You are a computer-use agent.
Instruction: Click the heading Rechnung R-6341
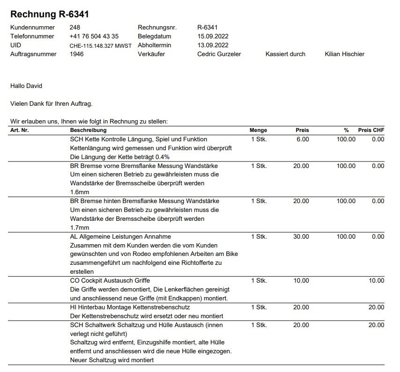(x=50, y=15)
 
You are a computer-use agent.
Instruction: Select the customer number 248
(x=74, y=28)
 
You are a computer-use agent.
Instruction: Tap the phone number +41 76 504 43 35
(x=94, y=36)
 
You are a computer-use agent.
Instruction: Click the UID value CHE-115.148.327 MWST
(x=100, y=46)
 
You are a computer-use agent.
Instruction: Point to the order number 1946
(x=77, y=54)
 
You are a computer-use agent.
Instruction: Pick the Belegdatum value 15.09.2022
(x=213, y=36)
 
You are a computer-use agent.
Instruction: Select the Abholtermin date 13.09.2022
(x=213, y=45)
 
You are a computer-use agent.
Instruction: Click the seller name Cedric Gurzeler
(x=219, y=54)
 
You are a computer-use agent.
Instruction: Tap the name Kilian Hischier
(x=344, y=54)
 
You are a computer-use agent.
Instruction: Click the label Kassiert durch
(x=285, y=54)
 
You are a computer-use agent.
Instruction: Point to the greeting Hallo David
(x=26, y=86)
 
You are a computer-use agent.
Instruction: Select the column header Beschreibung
(x=88, y=130)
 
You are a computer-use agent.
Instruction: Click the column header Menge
(x=258, y=130)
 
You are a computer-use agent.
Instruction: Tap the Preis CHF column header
(x=371, y=130)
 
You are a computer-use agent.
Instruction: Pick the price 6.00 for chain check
(x=303, y=139)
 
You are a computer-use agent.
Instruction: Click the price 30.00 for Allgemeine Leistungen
(x=301, y=237)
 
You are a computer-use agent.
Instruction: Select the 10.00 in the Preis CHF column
(x=376, y=281)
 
